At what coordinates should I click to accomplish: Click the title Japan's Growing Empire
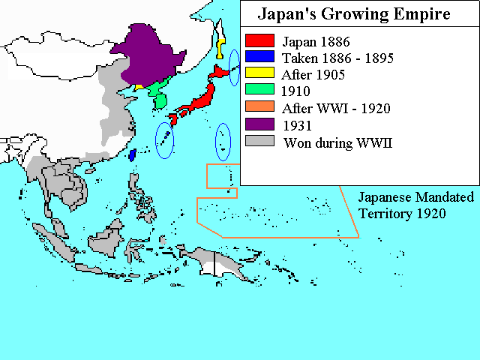[x=354, y=14]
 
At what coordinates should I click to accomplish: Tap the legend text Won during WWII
[x=338, y=142]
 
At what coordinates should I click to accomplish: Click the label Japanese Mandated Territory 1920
[x=415, y=205]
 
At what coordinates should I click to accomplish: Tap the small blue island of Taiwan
[x=133, y=155]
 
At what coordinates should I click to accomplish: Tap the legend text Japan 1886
[x=316, y=41]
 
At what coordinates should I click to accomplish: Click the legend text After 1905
[x=313, y=74]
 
